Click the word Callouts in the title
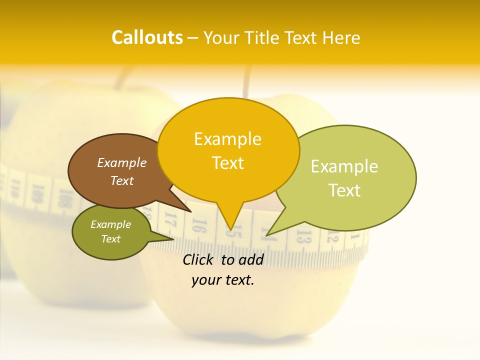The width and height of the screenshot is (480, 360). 147,37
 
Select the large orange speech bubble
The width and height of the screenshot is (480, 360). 228,150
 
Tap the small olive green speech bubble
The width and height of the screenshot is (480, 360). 111,231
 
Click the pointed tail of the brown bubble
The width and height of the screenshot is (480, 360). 191,211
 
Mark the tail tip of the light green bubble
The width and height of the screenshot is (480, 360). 267,235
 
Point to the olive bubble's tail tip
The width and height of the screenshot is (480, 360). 173,239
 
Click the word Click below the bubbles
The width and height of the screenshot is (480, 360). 199,259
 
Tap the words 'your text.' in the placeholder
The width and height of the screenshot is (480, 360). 223,280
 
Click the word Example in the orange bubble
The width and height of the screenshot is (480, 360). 228,139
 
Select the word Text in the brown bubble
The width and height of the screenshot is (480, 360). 122,180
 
